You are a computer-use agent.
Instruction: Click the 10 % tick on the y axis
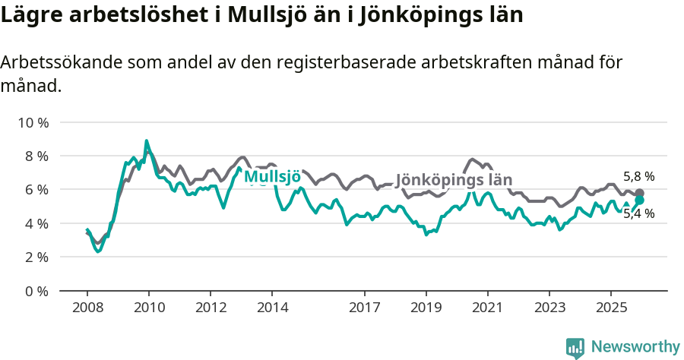pyautogui.click(x=32, y=122)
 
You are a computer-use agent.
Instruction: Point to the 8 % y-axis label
pyautogui.click(x=35, y=156)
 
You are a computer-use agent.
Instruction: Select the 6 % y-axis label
pyautogui.click(x=35, y=190)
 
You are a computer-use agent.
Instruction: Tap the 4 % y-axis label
pyautogui.click(x=35, y=223)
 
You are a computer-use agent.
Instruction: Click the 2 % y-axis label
pyautogui.click(x=35, y=257)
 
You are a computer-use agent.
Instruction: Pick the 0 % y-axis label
pyautogui.click(x=35, y=291)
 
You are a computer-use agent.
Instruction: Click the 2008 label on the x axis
pyautogui.click(x=87, y=308)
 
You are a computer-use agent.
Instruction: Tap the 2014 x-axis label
pyautogui.click(x=272, y=308)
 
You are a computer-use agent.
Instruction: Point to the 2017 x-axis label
pyautogui.click(x=365, y=308)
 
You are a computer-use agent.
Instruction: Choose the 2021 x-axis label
pyautogui.click(x=488, y=308)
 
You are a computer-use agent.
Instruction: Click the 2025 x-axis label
pyautogui.click(x=611, y=308)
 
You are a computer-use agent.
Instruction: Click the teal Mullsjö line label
pyautogui.click(x=272, y=178)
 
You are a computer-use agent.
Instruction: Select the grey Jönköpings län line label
pyautogui.click(x=454, y=181)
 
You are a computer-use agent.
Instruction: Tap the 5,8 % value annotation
pyautogui.click(x=638, y=177)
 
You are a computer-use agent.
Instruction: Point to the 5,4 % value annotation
pyautogui.click(x=638, y=214)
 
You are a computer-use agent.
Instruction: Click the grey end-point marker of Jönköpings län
pyautogui.click(x=639, y=193)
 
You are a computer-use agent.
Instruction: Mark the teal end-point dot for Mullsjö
pyautogui.click(x=639, y=200)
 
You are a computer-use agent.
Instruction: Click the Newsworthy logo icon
pyautogui.click(x=575, y=348)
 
